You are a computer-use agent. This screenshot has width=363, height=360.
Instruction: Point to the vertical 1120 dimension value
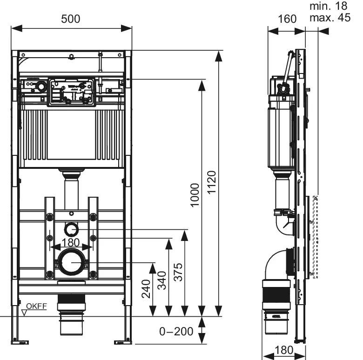[x=212, y=183]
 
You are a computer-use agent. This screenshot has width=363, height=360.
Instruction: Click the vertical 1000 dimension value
[x=195, y=195]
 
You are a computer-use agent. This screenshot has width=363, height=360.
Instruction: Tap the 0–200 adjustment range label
[x=176, y=332]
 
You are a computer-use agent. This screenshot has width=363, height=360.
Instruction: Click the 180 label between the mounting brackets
[x=71, y=242]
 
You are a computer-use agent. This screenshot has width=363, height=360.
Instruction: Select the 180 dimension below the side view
[x=282, y=349]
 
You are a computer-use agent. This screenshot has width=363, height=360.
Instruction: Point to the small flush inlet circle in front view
[x=71, y=229]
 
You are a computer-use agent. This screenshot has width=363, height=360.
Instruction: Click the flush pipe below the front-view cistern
[x=71, y=191]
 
